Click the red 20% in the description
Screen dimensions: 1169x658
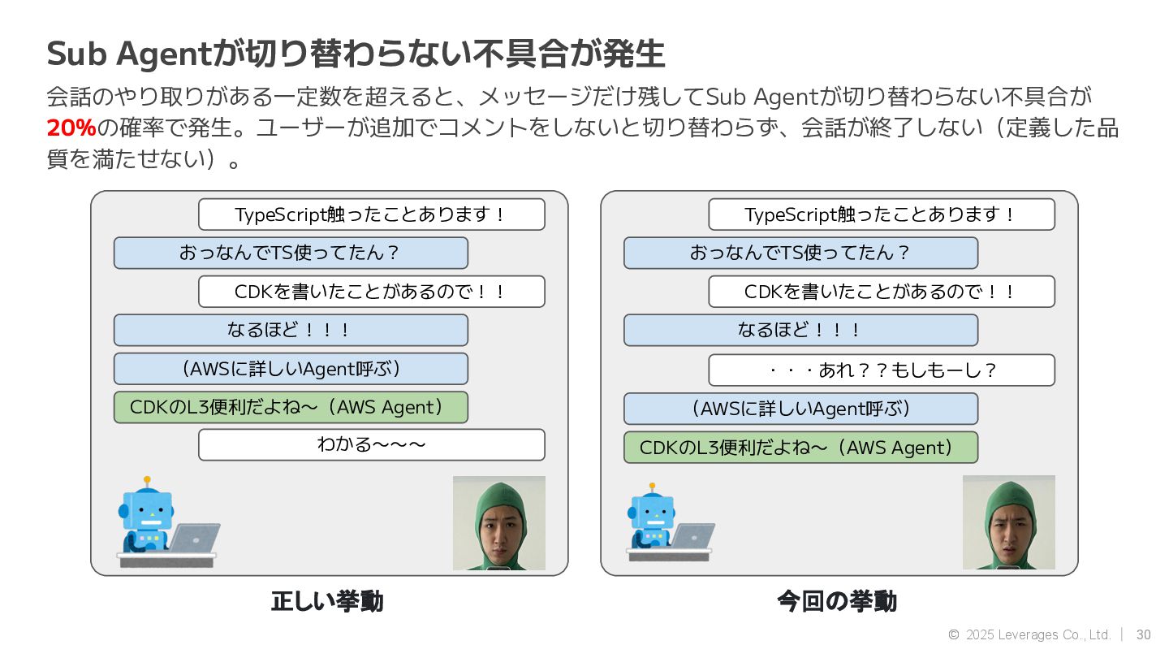tap(71, 128)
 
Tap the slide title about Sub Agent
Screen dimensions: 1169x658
tap(356, 54)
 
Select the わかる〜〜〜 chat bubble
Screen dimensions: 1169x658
tap(371, 444)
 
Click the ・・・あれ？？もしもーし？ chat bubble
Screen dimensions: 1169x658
tap(881, 370)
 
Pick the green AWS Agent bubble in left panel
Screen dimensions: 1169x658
tap(291, 407)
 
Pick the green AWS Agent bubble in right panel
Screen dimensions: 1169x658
tap(800, 448)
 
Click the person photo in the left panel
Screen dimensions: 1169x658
tap(499, 522)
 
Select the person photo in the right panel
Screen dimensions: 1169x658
tap(1009, 522)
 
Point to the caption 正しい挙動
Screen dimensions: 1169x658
tap(327, 602)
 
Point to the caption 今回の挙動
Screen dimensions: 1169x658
tap(837, 602)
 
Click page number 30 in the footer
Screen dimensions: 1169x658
tap(1143, 634)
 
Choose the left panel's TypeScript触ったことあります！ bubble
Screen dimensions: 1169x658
tap(371, 214)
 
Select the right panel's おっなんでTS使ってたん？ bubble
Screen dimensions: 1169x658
tap(800, 253)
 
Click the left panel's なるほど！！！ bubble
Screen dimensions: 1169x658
tap(291, 330)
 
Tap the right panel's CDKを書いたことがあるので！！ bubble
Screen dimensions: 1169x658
tap(881, 292)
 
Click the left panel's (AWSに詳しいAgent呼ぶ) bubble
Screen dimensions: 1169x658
tap(291, 369)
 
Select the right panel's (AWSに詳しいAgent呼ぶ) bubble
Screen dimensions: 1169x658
tap(800, 409)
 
